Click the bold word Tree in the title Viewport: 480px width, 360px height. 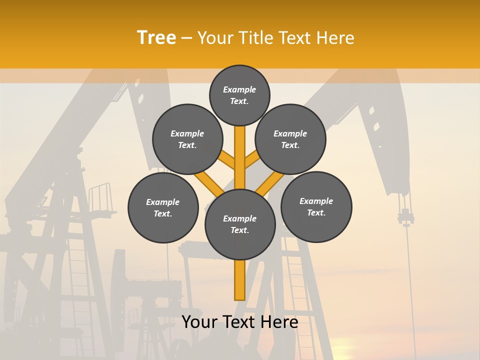(156, 37)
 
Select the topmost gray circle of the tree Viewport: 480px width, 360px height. (239, 95)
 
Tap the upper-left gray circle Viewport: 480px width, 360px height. (187, 139)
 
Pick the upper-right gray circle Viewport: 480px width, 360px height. (290, 139)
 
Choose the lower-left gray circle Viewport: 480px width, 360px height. (163, 207)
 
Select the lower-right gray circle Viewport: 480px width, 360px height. (316, 206)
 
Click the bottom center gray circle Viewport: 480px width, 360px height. (240, 224)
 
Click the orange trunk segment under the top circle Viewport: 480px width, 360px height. (240, 150)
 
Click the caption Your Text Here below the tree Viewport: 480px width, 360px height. (239, 322)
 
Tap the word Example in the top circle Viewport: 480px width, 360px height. (239, 89)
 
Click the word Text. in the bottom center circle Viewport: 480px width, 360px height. (239, 230)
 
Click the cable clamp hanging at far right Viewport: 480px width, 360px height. (405, 218)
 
